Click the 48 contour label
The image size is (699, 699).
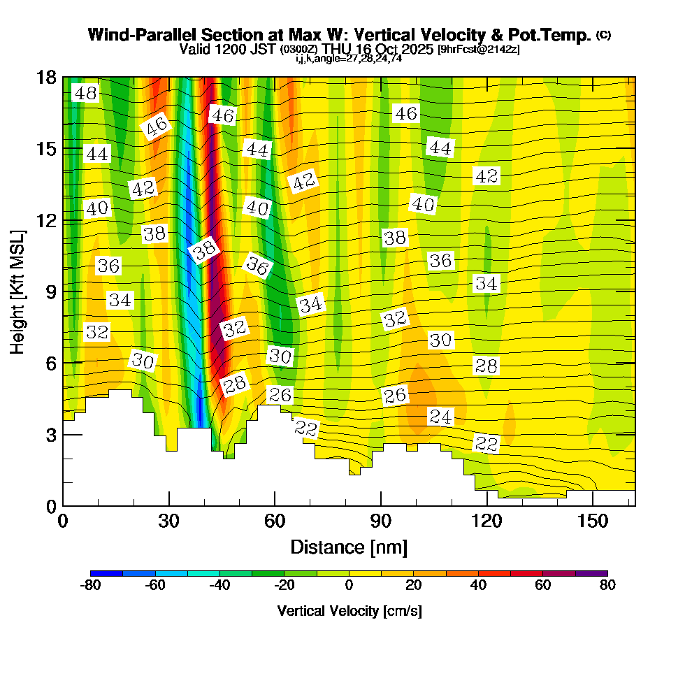coord(86,93)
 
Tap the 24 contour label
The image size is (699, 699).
coord(440,417)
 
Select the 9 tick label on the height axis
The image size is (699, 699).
coord(50,291)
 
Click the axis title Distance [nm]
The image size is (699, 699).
coord(349,547)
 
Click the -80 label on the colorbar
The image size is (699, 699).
coord(90,586)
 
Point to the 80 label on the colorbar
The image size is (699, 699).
coord(607,586)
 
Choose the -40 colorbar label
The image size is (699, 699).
coord(219,586)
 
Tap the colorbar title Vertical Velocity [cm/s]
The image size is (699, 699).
coord(349,611)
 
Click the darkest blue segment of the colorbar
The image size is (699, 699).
coord(106,573)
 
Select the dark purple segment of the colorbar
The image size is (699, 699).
coord(591,573)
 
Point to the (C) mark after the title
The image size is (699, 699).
coord(604,35)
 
